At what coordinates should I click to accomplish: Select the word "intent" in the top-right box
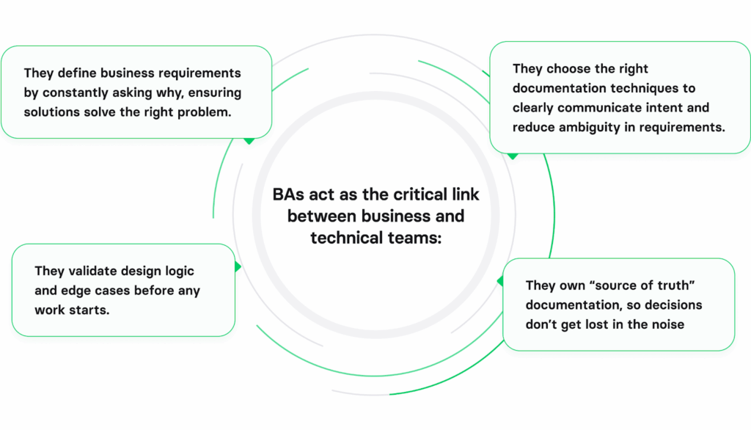tap(663, 108)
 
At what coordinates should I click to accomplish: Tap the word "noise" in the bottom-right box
tap(665, 324)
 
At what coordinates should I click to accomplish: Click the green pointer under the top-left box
tap(249, 139)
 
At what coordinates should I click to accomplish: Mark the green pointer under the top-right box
tap(513, 156)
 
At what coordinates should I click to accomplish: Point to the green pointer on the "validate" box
tap(237, 267)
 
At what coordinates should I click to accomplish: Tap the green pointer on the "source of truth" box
tap(501, 281)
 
